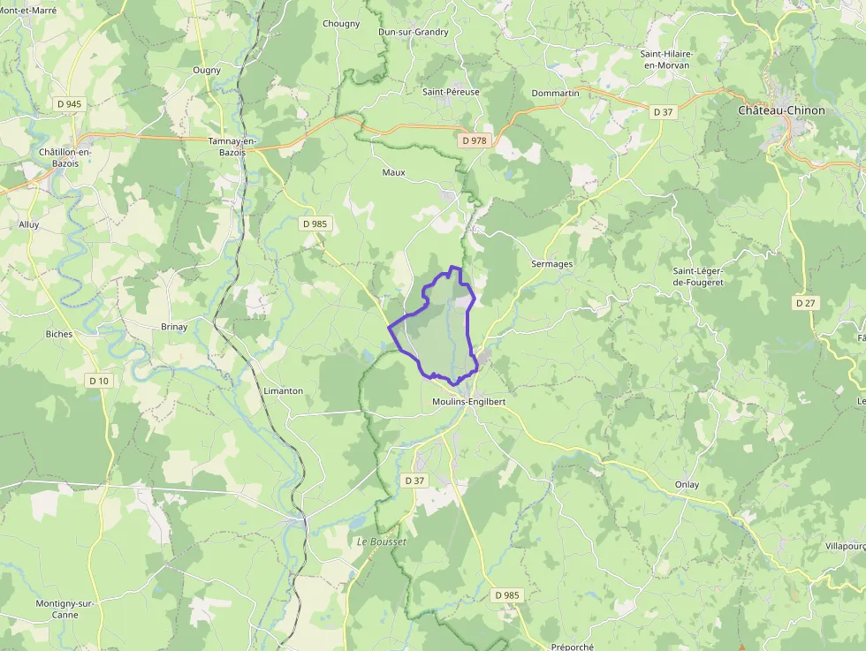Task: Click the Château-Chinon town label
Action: pyautogui.click(x=781, y=110)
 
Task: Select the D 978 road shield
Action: pyautogui.click(x=474, y=140)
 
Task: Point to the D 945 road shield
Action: pyautogui.click(x=67, y=104)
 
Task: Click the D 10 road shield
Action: pyautogui.click(x=98, y=381)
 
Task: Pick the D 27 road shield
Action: pyautogui.click(x=804, y=303)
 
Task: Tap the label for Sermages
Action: pyautogui.click(x=552, y=264)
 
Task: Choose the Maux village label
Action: pyautogui.click(x=393, y=172)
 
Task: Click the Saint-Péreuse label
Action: pyautogui.click(x=451, y=92)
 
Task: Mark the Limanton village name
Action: pyautogui.click(x=283, y=390)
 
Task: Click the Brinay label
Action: pyautogui.click(x=174, y=327)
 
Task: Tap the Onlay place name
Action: pyautogui.click(x=687, y=485)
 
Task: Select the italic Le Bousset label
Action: pyautogui.click(x=381, y=541)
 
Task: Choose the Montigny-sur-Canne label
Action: pyautogui.click(x=65, y=609)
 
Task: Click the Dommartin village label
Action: pyautogui.click(x=556, y=93)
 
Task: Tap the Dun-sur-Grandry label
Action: pyautogui.click(x=414, y=32)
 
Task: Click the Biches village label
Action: pyautogui.click(x=59, y=334)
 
